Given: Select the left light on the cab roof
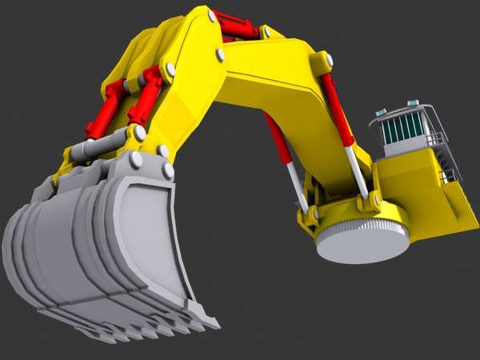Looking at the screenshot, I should [x=382, y=112].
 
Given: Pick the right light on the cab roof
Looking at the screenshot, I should [x=413, y=103].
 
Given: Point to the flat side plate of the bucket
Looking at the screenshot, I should [x=152, y=240].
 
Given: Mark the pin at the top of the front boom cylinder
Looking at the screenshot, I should [x=326, y=61].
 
